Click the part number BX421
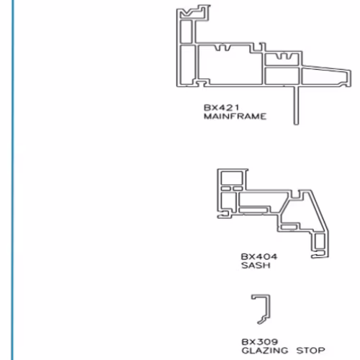pyautogui.click(x=221, y=107)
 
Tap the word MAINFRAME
pyautogui.click(x=235, y=117)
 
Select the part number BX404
pyautogui.click(x=259, y=257)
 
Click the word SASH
pyautogui.click(x=256, y=266)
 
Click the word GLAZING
pyautogui.click(x=265, y=351)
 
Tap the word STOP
pyautogui.click(x=310, y=351)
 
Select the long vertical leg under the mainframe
pyautogui.click(x=297, y=105)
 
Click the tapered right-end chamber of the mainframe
pyautogui.click(x=324, y=76)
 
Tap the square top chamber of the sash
pyautogui.click(x=232, y=178)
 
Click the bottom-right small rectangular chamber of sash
pyautogui.click(x=320, y=241)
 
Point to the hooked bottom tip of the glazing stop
pyautogui.click(x=261, y=322)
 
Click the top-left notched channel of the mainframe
pyautogui.click(x=193, y=12)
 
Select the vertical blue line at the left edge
pyautogui.click(x=13, y=180)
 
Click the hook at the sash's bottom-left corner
pyautogui.click(x=223, y=215)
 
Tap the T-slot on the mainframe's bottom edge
pyautogui.click(x=201, y=83)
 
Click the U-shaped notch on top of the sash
pyautogui.click(x=297, y=194)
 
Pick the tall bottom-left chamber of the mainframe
pyautogui.click(x=187, y=65)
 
